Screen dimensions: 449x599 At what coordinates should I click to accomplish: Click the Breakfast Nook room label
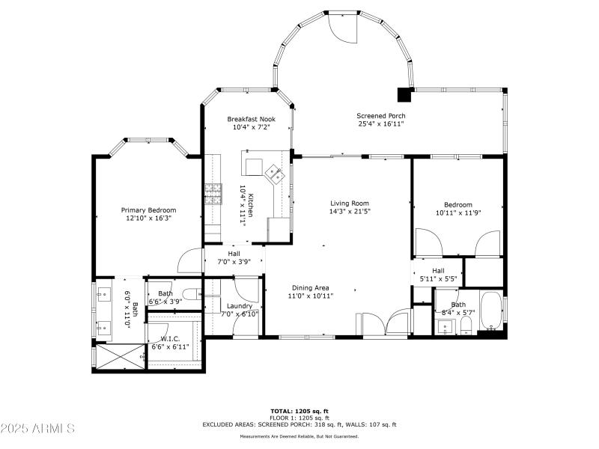(x=250, y=118)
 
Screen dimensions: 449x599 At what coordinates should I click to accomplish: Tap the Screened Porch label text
(x=382, y=115)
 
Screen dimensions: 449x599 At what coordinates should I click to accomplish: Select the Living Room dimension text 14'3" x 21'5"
(x=350, y=211)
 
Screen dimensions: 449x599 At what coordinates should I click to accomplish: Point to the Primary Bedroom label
(x=148, y=210)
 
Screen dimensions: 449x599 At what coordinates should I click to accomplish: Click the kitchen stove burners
(x=213, y=194)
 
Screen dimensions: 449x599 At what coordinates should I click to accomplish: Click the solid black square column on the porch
(x=404, y=94)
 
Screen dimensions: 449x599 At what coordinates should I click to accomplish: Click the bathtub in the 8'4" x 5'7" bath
(x=491, y=313)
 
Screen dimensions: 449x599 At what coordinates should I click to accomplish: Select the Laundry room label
(x=239, y=305)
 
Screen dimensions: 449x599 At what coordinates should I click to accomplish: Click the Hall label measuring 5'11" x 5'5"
(x=437, y=271)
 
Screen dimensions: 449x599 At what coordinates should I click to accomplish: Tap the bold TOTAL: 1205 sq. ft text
(x=299, y=411)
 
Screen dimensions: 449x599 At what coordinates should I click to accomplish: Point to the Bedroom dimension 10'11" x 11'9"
(x=457, y=213)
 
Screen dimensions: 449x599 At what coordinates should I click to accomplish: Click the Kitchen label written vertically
(x=252, y=205)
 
